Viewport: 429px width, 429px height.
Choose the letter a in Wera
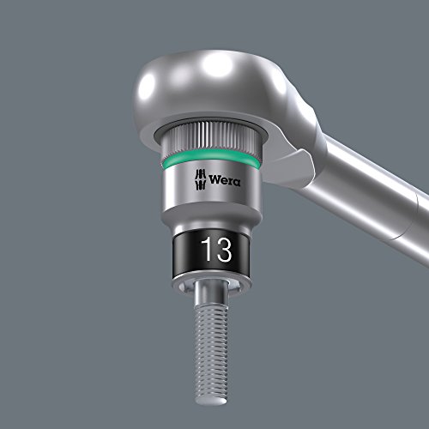238,182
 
